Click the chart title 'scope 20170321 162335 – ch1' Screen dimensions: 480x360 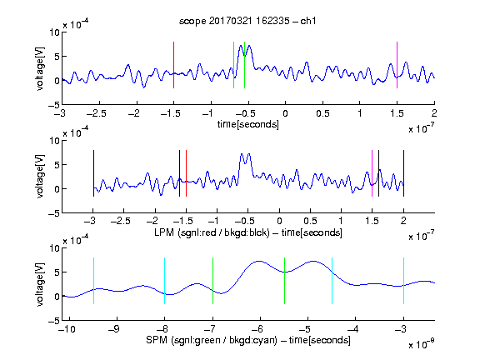tap(247, 21)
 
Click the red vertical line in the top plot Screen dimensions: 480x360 tap(173, 65)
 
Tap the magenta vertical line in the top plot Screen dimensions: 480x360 tap(397, 65)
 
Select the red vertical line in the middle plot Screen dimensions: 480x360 tap(186, 173)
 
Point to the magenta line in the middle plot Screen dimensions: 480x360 tap(372, 173)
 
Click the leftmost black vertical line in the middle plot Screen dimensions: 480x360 tap(93, 173)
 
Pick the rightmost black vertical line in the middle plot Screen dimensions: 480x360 tap(403, 173)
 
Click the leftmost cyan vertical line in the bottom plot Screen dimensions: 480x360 tap(93, 281)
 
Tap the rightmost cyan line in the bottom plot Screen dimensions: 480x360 tap(403, 281)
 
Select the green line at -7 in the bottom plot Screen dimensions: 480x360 tap(212, 281)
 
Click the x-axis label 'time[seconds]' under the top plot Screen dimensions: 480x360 tap(248, 124)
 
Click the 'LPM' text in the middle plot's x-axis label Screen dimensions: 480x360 tap(164, 232)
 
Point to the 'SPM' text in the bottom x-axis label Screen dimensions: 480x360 tap(156, 340)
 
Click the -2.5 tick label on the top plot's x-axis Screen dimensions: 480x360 tap(96, 113)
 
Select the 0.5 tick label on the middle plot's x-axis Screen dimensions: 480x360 tap(310, 221)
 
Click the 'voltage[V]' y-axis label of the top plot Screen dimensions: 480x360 tap(40, 68)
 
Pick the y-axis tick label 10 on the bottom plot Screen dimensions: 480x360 tap(55, 247)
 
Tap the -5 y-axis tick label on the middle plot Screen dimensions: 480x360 tap(54, 213)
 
